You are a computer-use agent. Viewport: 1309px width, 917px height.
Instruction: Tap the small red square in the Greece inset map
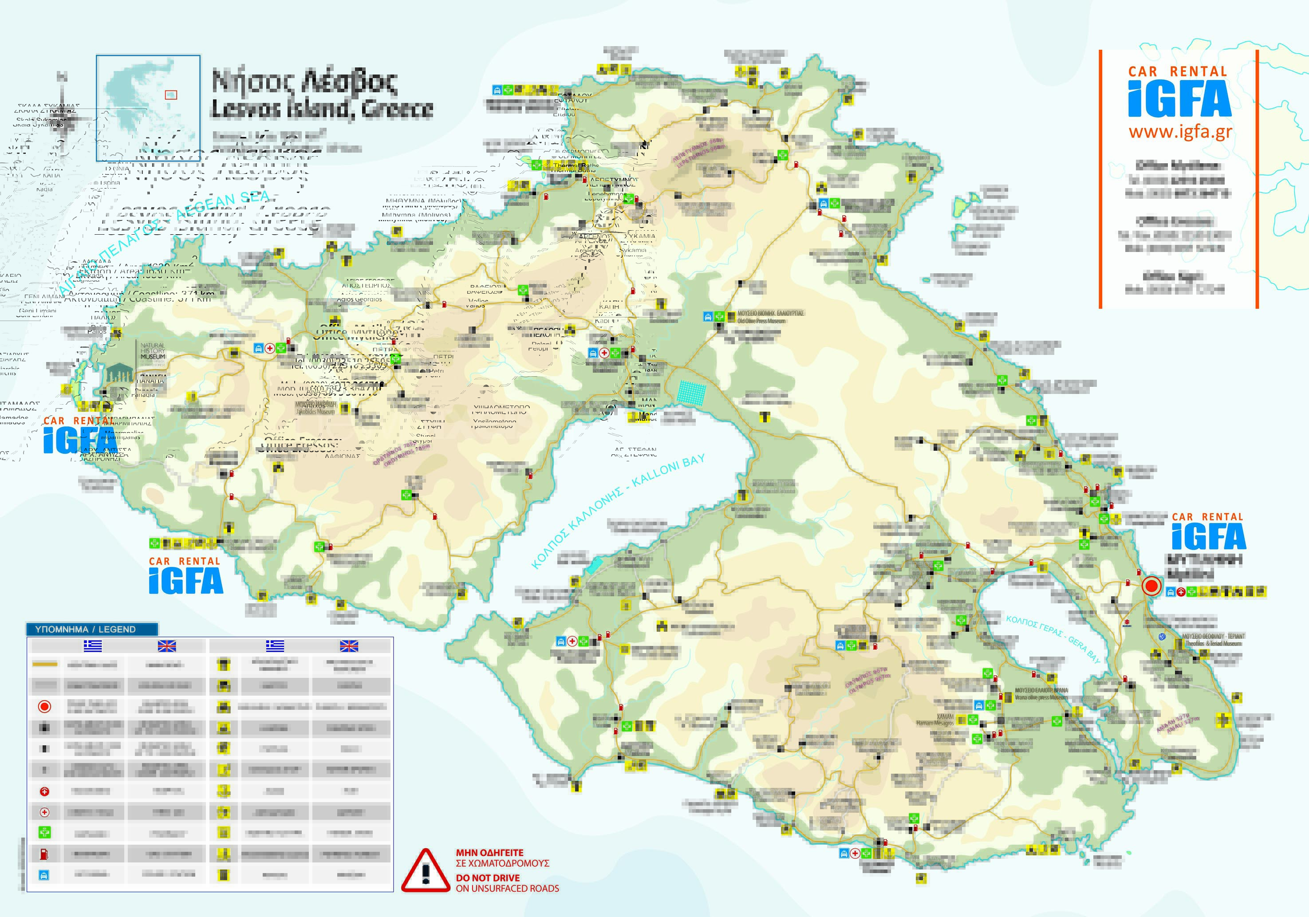pos(171,95)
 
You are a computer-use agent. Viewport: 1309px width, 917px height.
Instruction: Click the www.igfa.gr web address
pos(1180,132)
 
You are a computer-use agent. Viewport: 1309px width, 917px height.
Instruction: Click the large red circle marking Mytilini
pos(1151,586)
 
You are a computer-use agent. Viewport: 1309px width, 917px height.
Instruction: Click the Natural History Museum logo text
pos(153,351)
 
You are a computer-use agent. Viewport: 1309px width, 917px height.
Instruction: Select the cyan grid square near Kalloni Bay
pos(692,392)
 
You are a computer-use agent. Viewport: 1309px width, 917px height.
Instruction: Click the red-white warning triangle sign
pos(425,871)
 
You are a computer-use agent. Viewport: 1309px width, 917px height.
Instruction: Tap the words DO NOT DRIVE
pos(488,878)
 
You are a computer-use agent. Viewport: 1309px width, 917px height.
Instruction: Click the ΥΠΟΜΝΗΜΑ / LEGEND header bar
pos(91,629)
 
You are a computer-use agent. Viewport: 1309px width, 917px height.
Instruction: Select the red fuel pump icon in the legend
pos(44,854)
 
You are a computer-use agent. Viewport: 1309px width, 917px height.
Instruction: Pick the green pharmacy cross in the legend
pos(44,833)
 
